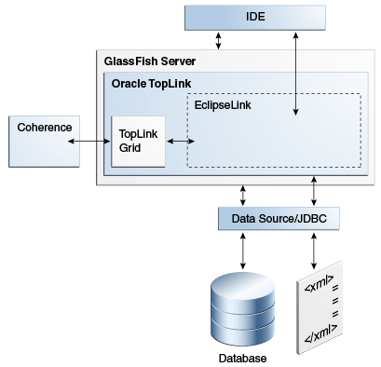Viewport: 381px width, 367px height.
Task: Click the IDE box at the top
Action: [255, 17]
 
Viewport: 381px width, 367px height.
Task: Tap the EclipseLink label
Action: [223, 104]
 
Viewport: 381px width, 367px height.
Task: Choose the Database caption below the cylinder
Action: [242, 358]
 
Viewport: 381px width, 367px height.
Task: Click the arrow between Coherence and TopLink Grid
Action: [91, 142]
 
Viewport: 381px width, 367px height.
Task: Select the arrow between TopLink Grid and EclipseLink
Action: [178, 142]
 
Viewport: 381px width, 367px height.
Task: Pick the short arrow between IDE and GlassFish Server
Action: [218, 40]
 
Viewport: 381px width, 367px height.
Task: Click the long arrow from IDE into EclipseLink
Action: [296, 74]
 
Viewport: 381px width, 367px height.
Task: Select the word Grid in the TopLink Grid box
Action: [129, 148]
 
